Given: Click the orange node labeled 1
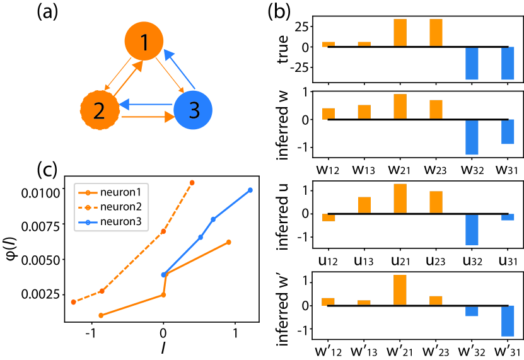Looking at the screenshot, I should [x=144, y=43].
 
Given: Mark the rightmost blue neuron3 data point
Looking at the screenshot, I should [x=250, y=190].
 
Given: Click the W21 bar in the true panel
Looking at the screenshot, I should [x=400, y=33].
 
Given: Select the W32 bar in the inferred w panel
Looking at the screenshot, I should [x=472, y=137].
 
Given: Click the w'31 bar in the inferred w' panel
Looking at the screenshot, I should [x=508, y=321].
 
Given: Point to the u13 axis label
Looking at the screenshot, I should [x=363, y=257].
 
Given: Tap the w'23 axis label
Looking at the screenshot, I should [x=436, y=349].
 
